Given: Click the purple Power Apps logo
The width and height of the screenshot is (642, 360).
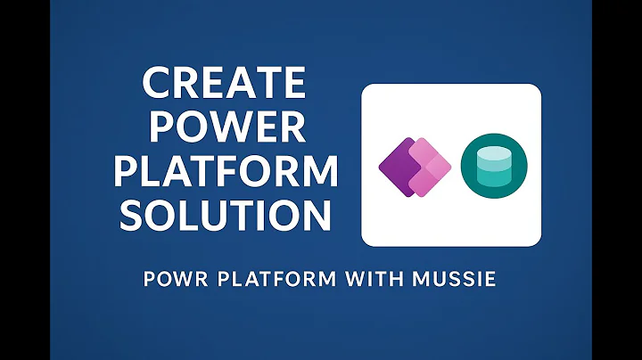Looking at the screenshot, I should tap(415, 167).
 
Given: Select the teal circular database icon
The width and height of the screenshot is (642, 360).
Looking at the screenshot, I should tap(493, 166).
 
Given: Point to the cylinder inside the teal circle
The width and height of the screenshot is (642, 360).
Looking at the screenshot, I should tap(493, 166).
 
